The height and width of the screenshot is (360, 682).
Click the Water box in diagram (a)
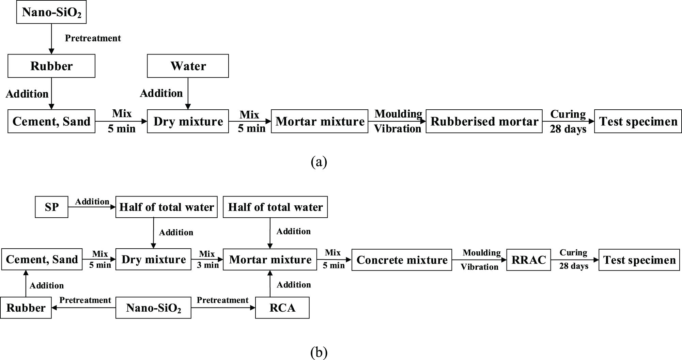coord(188,66)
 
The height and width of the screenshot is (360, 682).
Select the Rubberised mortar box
coord(484,121)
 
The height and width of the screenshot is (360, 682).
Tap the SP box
coord(51,207)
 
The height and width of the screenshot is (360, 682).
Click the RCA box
coord(282,308)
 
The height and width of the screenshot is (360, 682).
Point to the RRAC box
coord(528,260)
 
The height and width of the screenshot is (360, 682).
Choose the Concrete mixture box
coord(402,260)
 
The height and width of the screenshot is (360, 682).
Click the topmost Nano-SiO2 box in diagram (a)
coord(51,12)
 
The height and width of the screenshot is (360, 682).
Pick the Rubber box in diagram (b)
coord(26,308)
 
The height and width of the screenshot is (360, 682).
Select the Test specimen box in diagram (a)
coord(638,121)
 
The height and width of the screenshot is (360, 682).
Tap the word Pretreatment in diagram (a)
coord(93,38)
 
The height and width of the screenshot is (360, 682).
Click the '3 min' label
coord(208,265)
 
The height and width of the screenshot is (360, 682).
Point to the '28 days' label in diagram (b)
coord(574,266)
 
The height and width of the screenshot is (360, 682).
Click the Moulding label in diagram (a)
coord(398,114)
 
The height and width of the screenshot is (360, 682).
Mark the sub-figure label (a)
coord(319,161)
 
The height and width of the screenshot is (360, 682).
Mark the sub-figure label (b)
coord(319,352)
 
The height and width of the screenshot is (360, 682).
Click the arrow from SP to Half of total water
coord(92,207)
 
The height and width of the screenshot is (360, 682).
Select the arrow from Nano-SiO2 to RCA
coord(223,308)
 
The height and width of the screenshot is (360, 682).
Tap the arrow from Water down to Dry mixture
coord(188,93)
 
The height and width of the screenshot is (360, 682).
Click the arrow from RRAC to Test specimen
coord(575,260)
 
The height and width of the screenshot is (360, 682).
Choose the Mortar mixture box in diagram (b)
coord(270,260)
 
